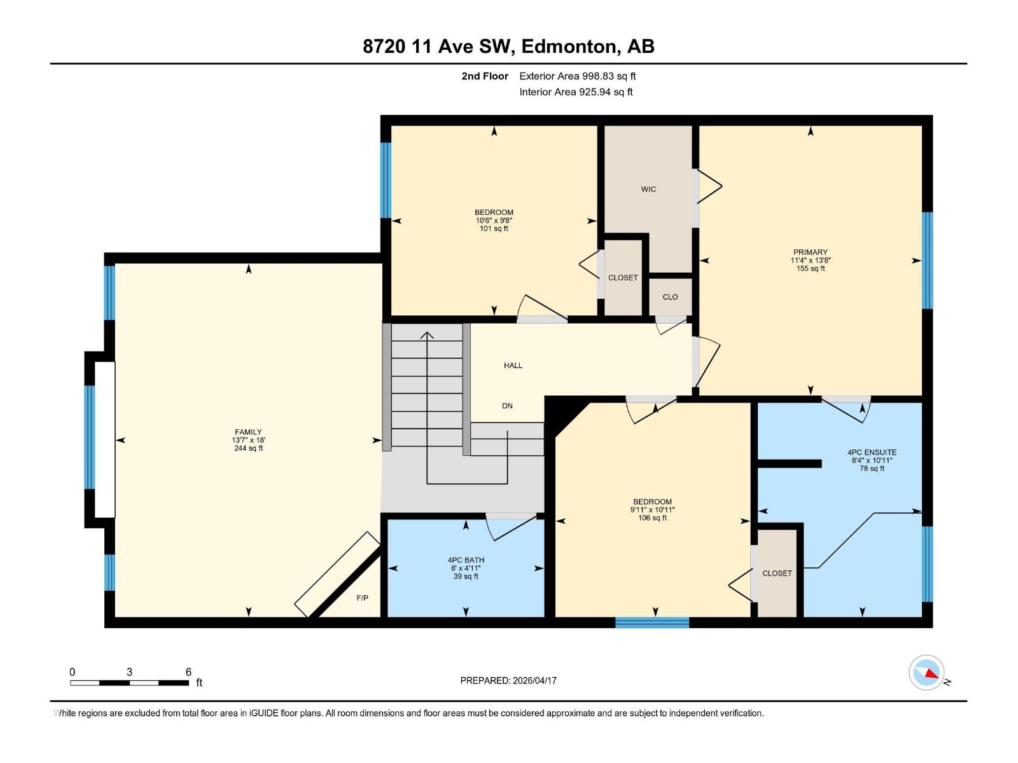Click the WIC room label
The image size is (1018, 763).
pos(648,189)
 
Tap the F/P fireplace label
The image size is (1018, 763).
pos(362,598)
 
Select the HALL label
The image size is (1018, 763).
pos(513,365)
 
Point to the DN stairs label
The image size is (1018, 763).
pos(507,406)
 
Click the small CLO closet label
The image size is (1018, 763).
pos(670,297)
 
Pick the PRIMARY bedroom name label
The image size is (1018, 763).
pos(810,252)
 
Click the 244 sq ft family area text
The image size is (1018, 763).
pos(248,448)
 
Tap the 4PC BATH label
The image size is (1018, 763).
pos(466,560)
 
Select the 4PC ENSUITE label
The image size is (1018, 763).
pos(872,452)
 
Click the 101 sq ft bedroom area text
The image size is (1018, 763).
pos(494,228)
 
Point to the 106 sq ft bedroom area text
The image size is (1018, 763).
pos(652,518)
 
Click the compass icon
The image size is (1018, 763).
pos(926,672)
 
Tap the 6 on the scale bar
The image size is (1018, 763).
pos(188,671)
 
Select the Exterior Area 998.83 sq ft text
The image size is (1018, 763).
pos(577,76)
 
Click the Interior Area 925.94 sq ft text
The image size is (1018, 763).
pos(576,92)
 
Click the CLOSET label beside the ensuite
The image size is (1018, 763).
pos(777,573)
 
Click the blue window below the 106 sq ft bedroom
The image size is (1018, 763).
pos(652,622)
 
